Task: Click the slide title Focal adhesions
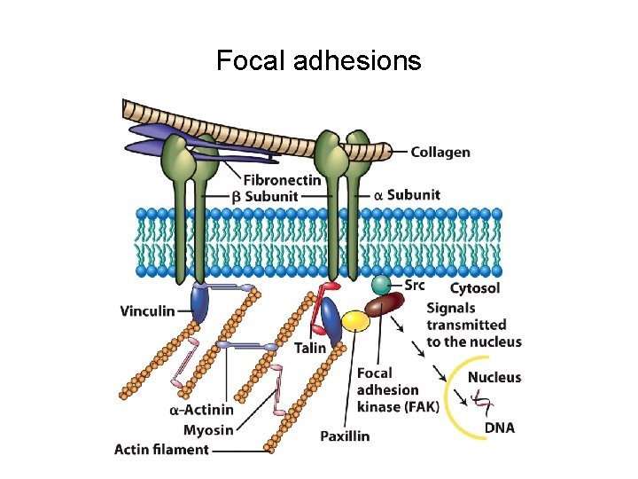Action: click(x=319, y=60)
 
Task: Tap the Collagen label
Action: click(x=440, y=152)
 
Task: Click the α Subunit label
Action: click(x=407, y=195)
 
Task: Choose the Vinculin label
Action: click(x=147, y=311)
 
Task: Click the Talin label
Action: click(x=310, y=349)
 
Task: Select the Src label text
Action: click(x=415, y=285)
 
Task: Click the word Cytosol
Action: click(x=475, y=288)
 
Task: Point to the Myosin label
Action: click(x=208, y=430)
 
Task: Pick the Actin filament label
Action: click(x=161, y=450)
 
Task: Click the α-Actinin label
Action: click(x=201, y=410)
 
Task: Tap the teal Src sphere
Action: click(x=380, y=285)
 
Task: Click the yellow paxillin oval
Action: click(x=355, y=321)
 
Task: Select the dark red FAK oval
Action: click(x=385, y=306)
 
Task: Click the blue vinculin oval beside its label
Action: click(x=201, y=307)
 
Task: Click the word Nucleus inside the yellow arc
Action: click(x=494, y=377)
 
